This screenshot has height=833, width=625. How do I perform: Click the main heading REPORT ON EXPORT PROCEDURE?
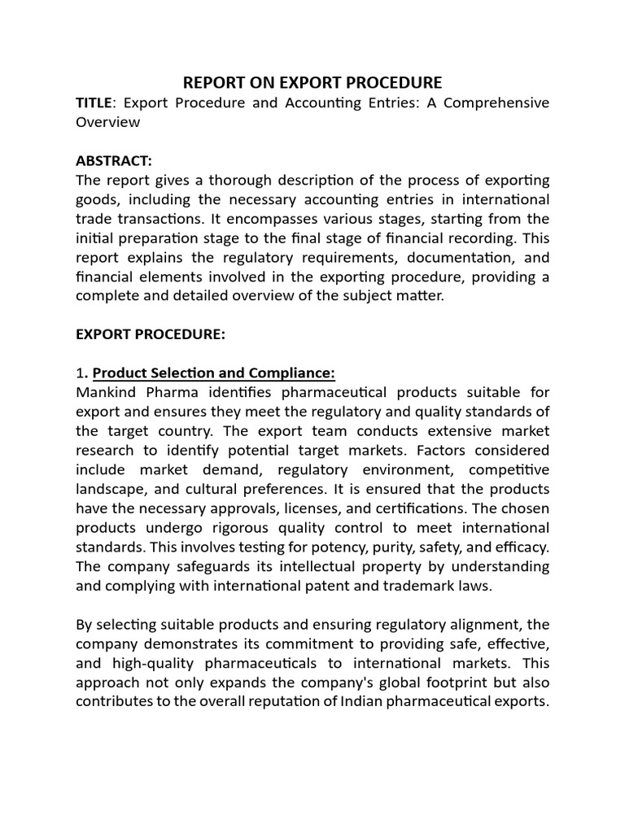pyautogui.click(x=312, y=82)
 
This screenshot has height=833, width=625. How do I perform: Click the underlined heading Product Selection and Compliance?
pyautogui.click(x=214, y=373)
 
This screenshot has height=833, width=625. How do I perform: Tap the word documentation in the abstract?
pyautogui.click(x=439, y=258)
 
